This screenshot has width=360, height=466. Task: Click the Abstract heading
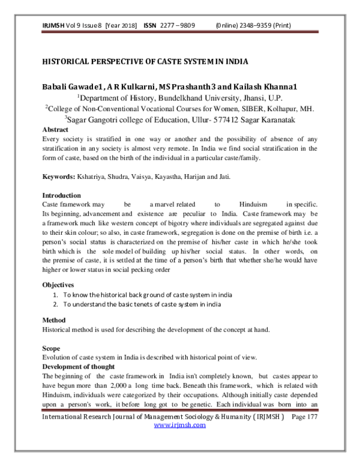(55, 129)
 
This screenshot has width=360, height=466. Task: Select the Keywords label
(58, 178)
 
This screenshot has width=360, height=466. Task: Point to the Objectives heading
(59, 284)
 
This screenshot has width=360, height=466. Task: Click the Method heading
(55, 320)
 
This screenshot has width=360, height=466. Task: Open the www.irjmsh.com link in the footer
(180, 425)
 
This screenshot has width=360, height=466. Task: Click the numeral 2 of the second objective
(55, 304)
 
